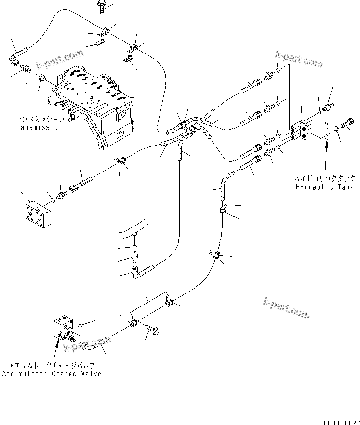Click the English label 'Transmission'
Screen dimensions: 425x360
[37, 128]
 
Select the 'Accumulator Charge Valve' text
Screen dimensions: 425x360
[52, 374]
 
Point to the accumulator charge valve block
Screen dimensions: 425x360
[62, 328]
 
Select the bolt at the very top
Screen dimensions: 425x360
[102, 6]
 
